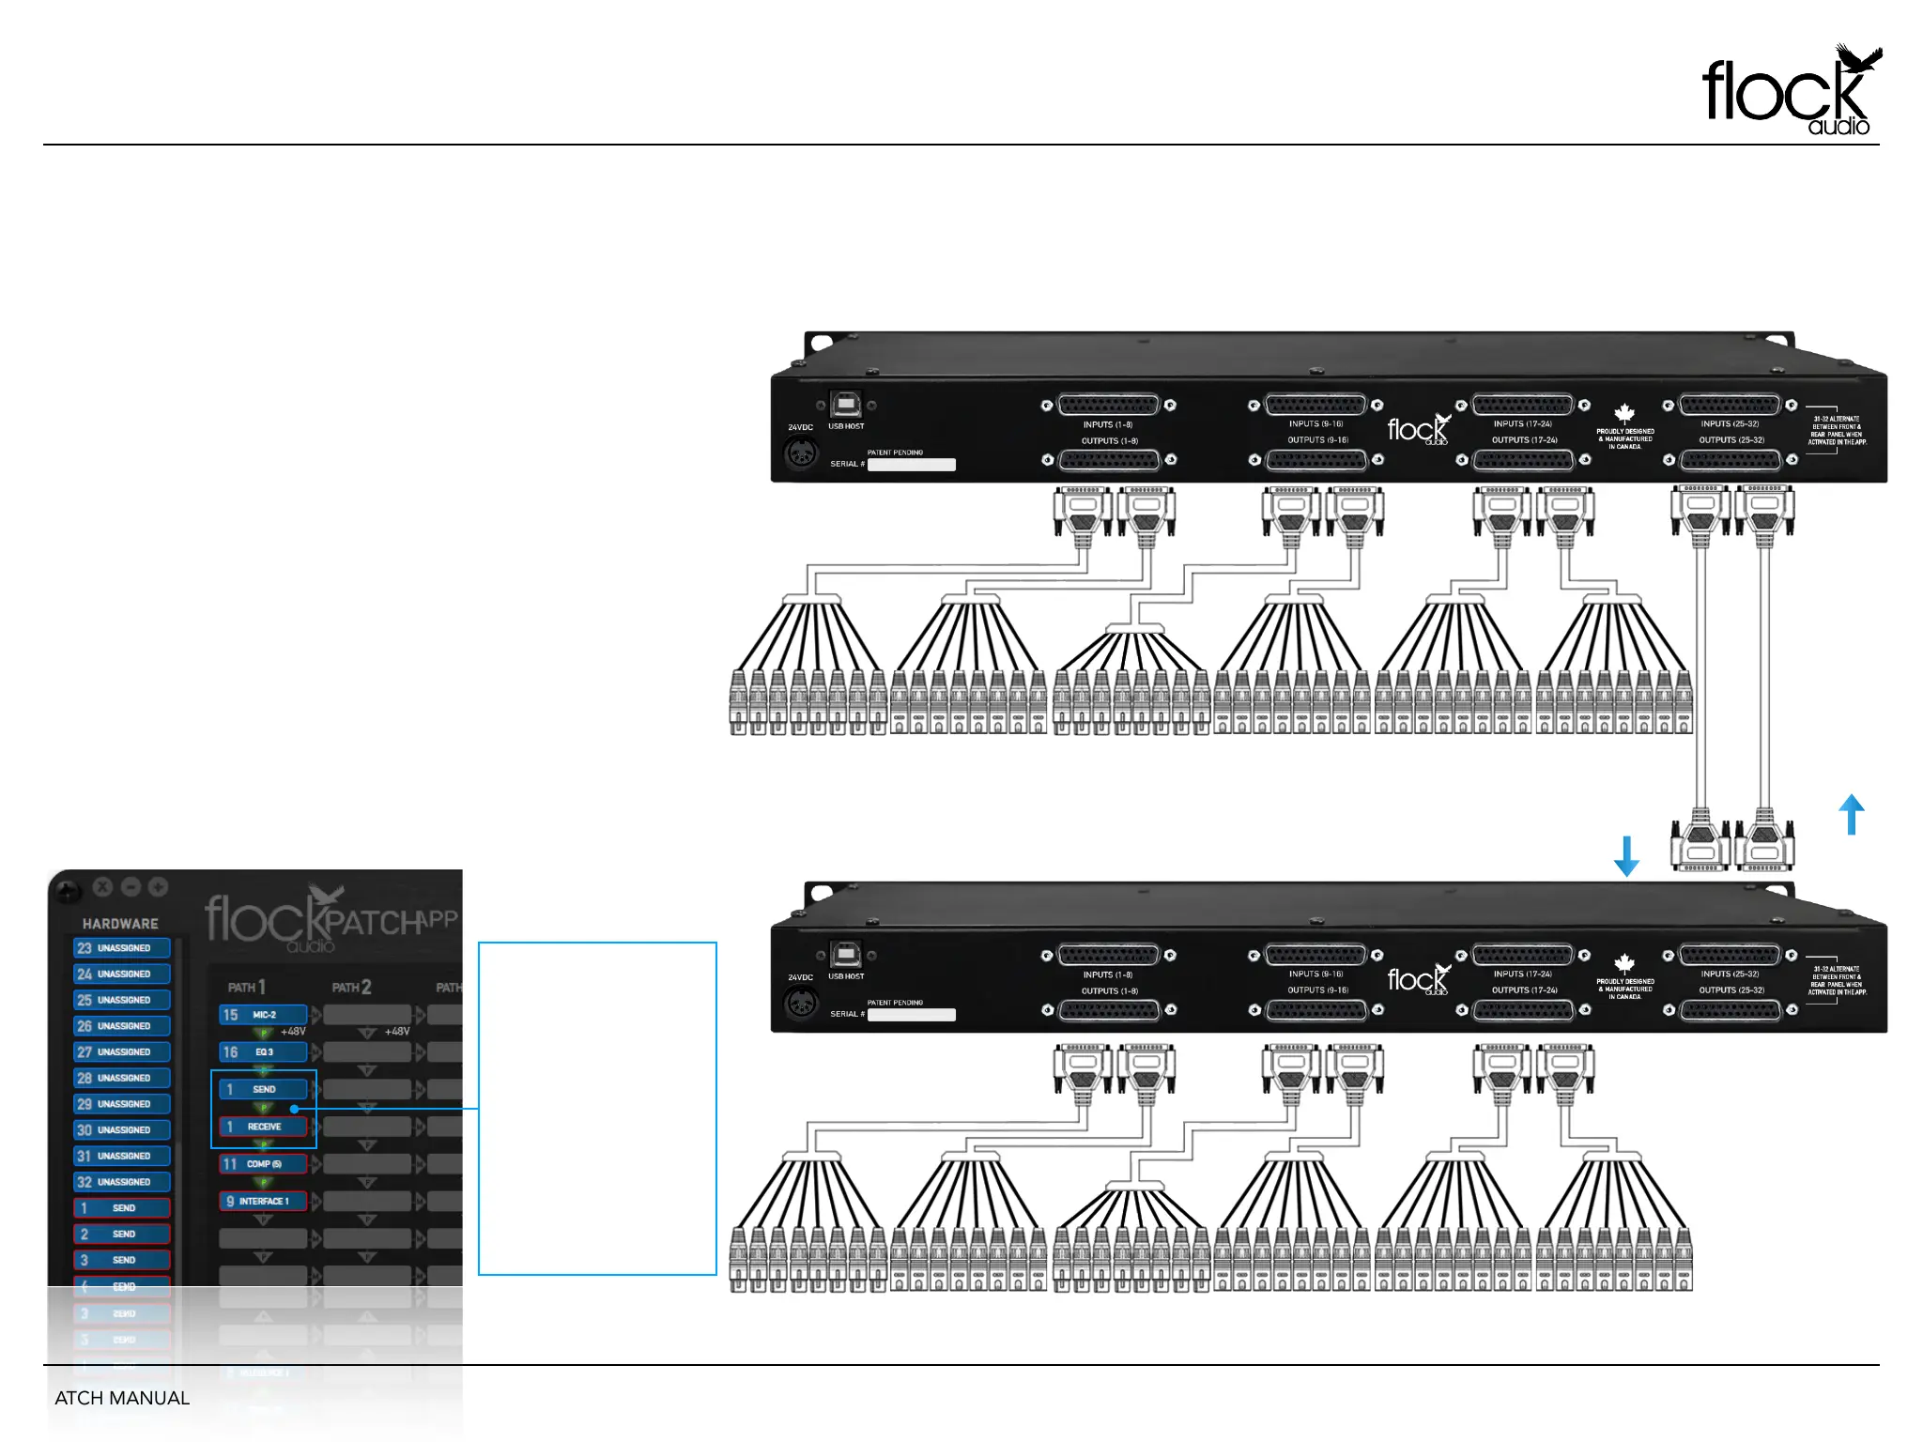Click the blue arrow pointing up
click(1851, 814)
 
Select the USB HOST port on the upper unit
click(846, 405)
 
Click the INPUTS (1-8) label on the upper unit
click(1108, 425)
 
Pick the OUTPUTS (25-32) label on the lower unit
click(1731, 990)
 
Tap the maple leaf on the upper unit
click(1624, 413)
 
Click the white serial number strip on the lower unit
click(911, 1015)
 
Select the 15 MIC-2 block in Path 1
click(263, 1015)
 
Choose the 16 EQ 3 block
click(263, 1052)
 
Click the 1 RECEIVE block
click(263, 1127)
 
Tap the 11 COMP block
click(263, 1164)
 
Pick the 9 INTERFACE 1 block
click(263, 1202)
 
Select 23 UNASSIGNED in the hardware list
click(122, 948)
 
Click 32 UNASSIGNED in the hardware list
click(122, 1182)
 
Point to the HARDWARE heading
click(120, 924)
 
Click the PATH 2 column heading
click(352, 988)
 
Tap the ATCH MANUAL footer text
click(122, 1398)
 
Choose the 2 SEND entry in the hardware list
click(122, 1235)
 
